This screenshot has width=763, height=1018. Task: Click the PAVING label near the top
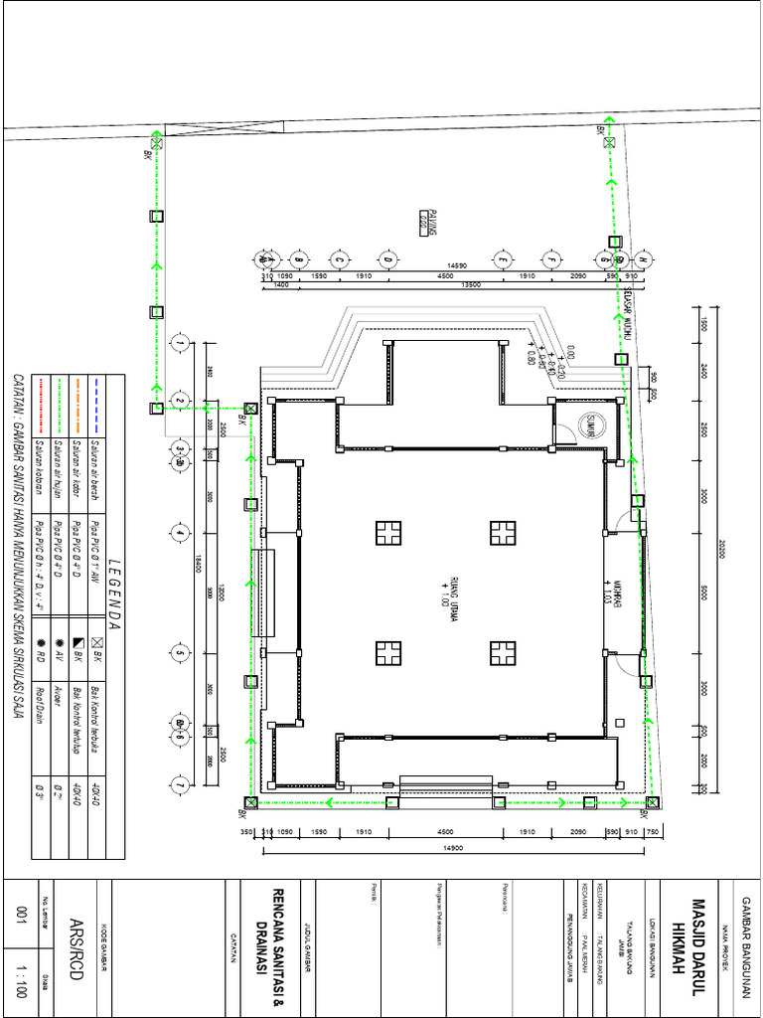coord(421,223)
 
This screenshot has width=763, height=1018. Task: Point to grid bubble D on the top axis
coord(388,259)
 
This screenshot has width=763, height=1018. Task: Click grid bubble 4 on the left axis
coord(180,534)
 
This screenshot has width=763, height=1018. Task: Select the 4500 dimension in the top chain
coord(446,276)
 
